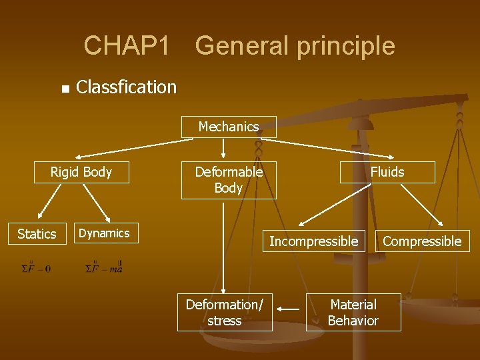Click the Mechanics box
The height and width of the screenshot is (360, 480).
(229, 127)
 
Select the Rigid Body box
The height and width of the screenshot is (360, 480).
(81, 172)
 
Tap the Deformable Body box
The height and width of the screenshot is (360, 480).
(229, 180)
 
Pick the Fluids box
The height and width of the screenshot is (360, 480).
(387, 172)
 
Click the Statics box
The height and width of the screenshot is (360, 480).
(37, 234)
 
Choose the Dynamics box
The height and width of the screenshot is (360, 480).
(104, 233)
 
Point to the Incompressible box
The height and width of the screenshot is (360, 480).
(313, 241)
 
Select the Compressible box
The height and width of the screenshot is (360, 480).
(422, 241)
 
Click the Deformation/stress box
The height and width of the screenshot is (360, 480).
(225, 313)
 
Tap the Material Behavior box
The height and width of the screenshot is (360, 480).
(353, 313)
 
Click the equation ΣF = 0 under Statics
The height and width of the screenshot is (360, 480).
(36, 268)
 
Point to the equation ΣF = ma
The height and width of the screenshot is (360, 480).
(104, 268)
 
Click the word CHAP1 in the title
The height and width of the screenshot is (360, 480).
(127, 46)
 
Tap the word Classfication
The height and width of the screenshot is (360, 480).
(127, 87)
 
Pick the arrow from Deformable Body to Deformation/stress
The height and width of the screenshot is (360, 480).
(224, 247)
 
